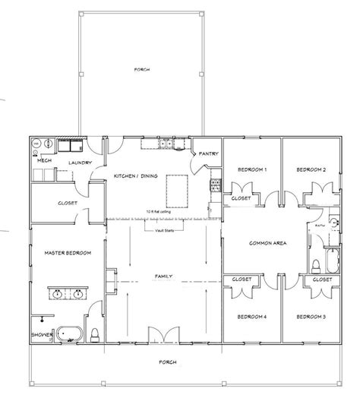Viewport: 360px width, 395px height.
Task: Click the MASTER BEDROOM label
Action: coord(62,253)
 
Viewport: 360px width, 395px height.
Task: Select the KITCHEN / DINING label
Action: coord(135,176)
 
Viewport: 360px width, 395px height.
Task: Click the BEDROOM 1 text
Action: coord(251,170)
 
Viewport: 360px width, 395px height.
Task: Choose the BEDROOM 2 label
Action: coord(311,170)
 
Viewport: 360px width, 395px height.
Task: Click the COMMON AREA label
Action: coord(267,243)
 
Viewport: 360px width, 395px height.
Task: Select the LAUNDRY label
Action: coord(80,163)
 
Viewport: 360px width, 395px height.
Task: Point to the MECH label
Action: coord(43,161)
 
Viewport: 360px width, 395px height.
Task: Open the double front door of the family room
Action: coord(163,334)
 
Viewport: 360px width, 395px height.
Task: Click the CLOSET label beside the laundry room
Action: coord(68,204)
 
